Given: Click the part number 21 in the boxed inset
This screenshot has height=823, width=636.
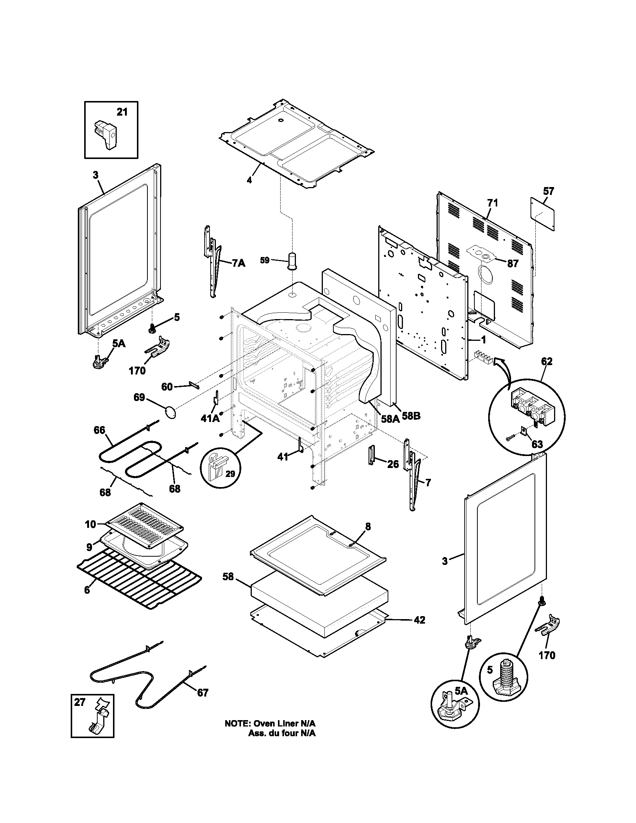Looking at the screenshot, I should coord(122,112).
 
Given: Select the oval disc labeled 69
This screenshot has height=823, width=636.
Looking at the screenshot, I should coord(171,412).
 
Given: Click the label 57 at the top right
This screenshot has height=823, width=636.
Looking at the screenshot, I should coord(548,191).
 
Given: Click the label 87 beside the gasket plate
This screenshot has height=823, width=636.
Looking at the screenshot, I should coord(513,263).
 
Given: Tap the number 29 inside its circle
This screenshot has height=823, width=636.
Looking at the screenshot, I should coord(230,474).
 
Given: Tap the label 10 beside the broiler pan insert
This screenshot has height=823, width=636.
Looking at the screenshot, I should coord(91,524).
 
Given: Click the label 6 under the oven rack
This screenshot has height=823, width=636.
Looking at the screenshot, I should coord(87,590).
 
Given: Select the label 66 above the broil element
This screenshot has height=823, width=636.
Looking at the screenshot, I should coord(100,430).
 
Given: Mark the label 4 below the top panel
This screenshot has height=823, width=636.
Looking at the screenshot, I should coord(249,180).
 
